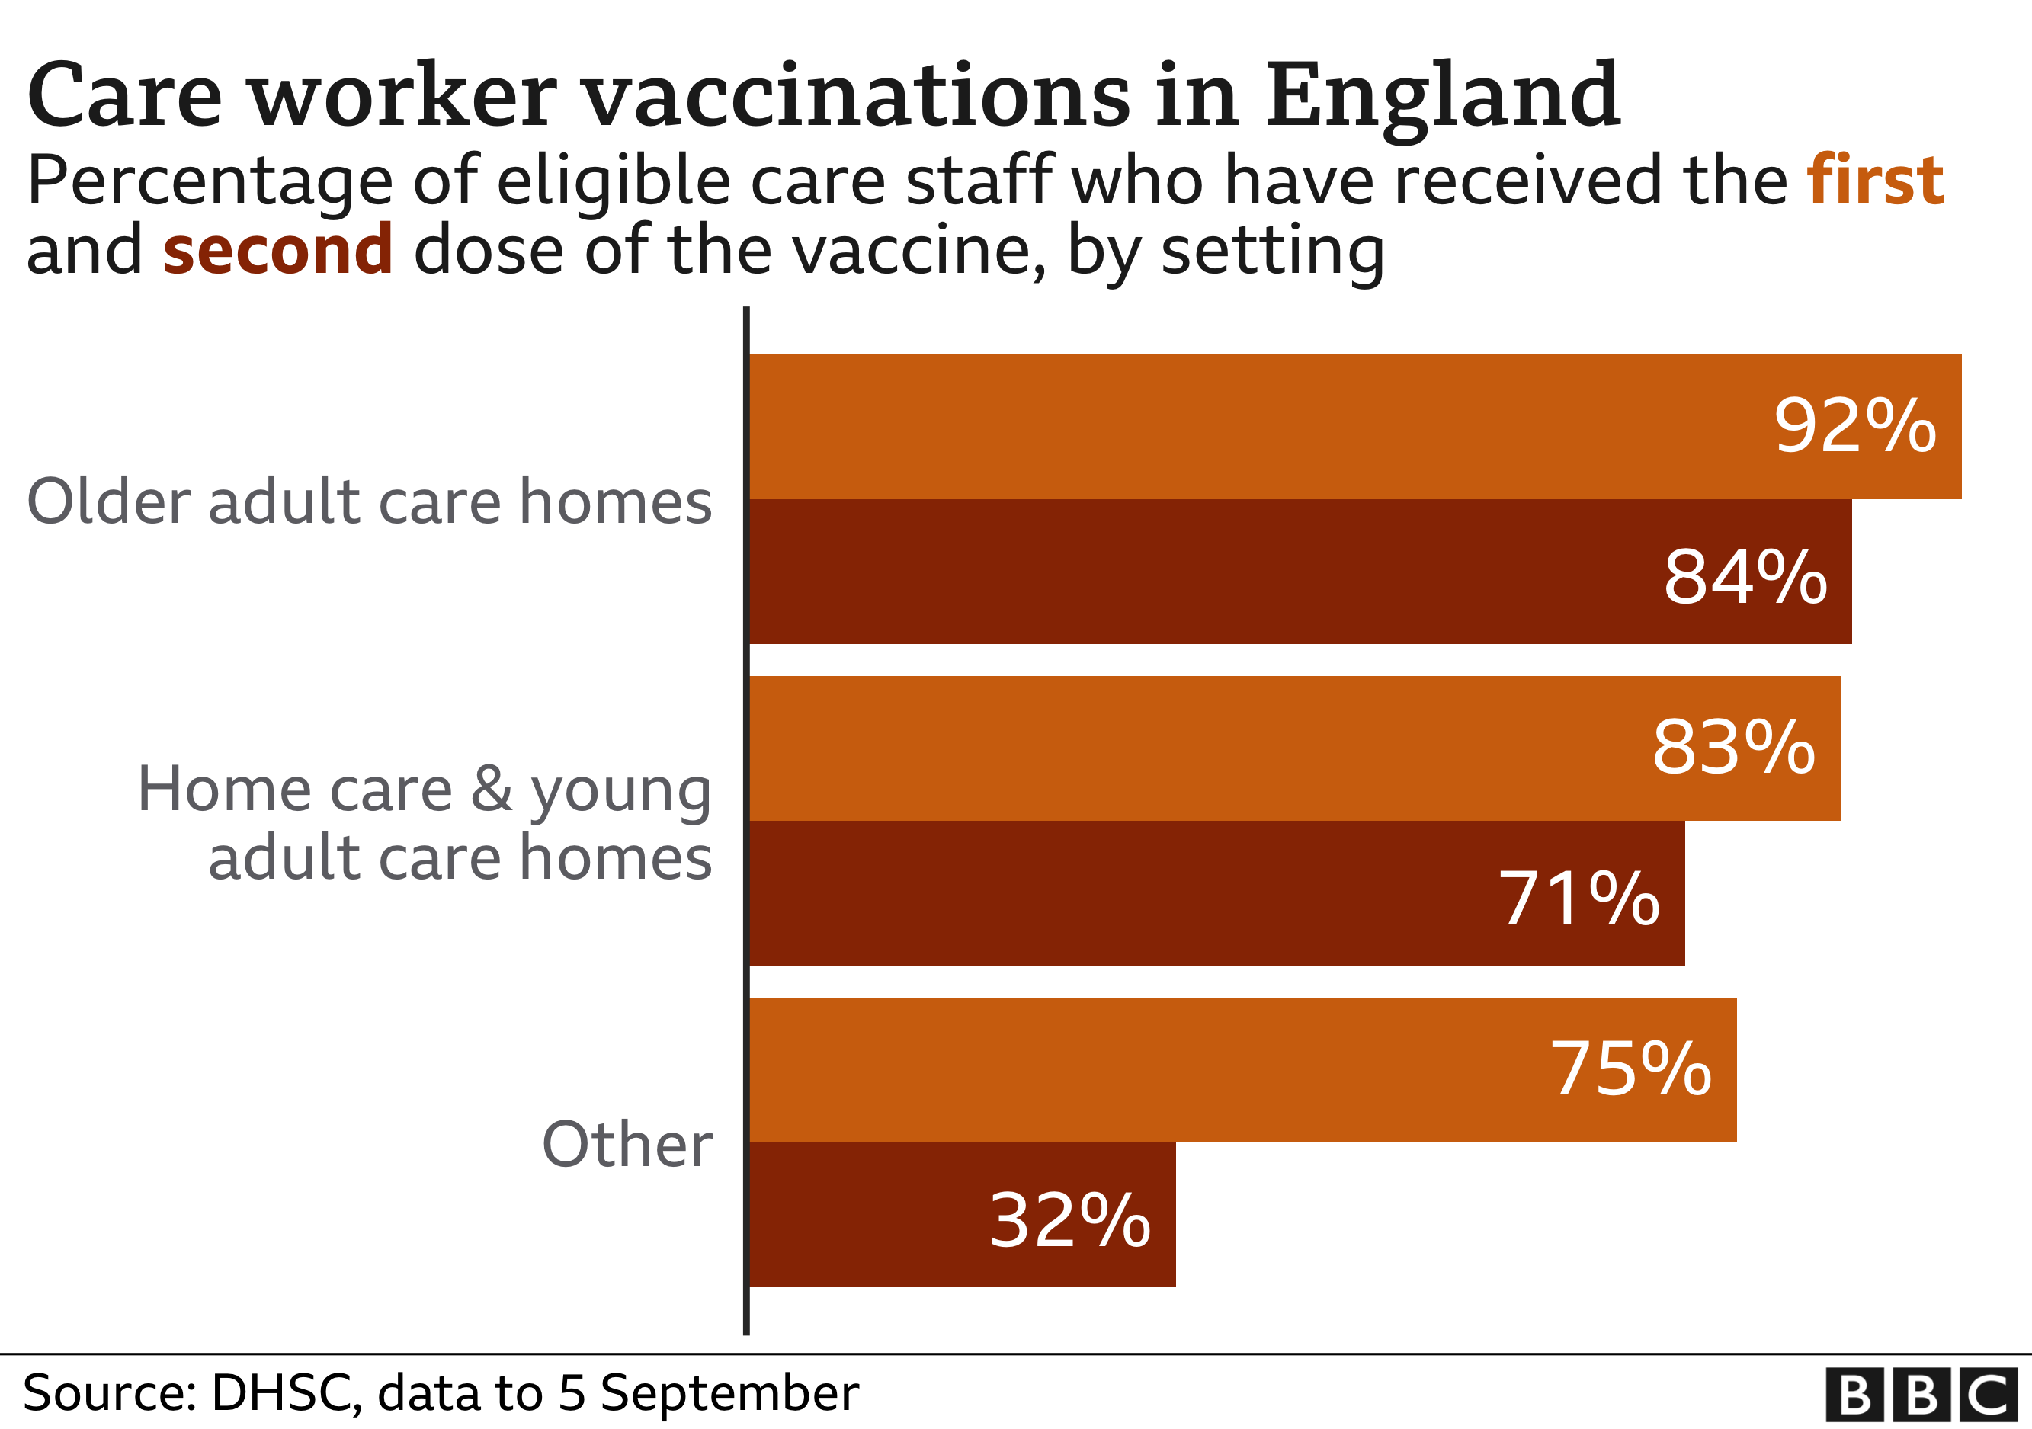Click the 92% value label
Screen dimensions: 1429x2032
[x=1854, y=427]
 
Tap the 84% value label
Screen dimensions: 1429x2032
[x=1745, y=578]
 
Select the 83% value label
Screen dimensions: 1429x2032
[x=1733, y=748]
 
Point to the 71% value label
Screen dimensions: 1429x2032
[x=1578, y=899]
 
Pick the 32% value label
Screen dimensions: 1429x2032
[x=1069, y=1221]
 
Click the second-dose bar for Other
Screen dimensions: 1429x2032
[x=885, y=1215]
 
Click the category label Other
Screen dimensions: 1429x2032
[x=627, y=1144]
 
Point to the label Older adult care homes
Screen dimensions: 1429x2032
[x=369, y=501]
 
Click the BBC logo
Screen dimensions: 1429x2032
[x=1921, y=1395]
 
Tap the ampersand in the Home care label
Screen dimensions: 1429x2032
[x=491, y=788]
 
